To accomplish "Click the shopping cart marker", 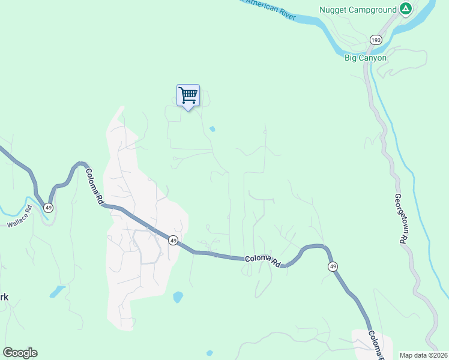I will coord(188,95).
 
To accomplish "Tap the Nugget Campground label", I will coord(358,10).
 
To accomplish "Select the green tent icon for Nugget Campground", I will coord(406,9).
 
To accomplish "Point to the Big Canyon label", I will coord(365,58).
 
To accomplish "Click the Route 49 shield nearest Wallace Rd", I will coord(49,207).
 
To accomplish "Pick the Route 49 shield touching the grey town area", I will coord(173,240).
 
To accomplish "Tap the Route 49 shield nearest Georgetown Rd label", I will coord(332,266).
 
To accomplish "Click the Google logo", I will coord(20,353).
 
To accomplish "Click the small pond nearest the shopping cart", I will coord(212,128).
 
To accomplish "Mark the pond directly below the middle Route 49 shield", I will coord(178,296).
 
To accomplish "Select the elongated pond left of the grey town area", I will coord(57,292).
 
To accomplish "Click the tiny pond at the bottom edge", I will coord(209,353).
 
